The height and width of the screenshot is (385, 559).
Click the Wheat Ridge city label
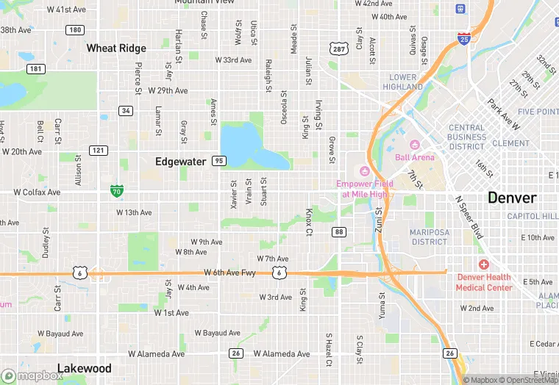(116, 48)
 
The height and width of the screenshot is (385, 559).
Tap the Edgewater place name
(180, 161)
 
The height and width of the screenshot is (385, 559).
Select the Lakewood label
(84, 368)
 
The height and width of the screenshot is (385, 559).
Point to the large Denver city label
(512, 198)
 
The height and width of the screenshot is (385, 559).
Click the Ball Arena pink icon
(413, 145)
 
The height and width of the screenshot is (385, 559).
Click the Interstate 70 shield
(117, 190)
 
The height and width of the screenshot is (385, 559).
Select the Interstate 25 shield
(463, 37)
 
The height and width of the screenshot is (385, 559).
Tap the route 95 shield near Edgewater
(218, 160)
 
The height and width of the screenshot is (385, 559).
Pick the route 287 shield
(338, 48)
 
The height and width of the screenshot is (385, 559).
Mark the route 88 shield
(338, 232)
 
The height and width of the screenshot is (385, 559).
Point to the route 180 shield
(74, 30)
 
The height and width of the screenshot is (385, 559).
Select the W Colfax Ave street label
(37, 192)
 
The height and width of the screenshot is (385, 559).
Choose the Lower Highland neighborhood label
(402, 82)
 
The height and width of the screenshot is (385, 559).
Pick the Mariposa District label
(429, 237)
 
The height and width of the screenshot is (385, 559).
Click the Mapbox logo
(32, 375)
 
